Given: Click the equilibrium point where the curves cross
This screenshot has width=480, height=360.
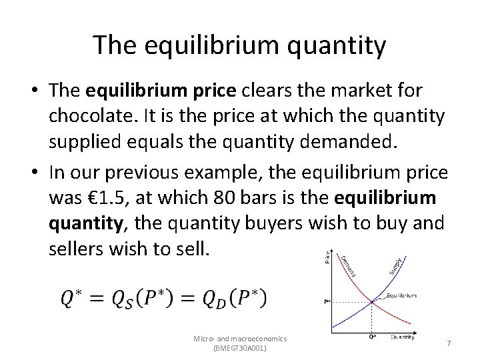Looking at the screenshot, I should [372, 302].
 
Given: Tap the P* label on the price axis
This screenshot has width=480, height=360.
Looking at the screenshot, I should [327, 302].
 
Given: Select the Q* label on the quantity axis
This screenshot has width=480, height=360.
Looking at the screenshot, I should [371, 336].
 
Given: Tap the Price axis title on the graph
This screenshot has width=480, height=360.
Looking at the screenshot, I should [327, 255].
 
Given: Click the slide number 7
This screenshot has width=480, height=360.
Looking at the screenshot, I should [449, 342].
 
